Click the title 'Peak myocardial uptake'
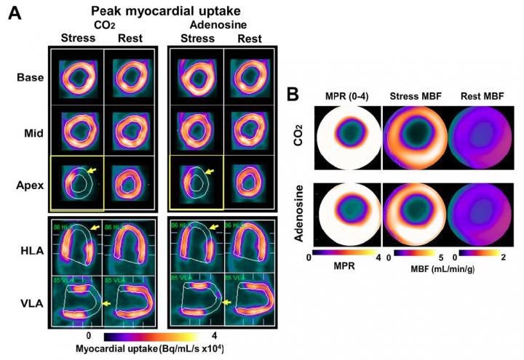[155, 11]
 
